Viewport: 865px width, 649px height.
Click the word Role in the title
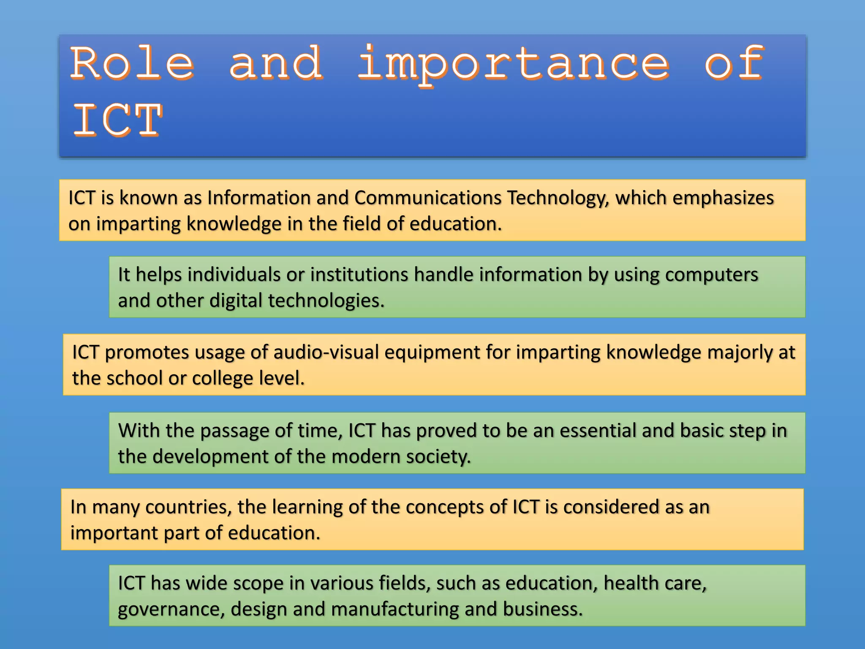pyautogui.click(x=132, y=63)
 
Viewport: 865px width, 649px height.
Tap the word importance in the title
pyautogui.click(x=513, y=63)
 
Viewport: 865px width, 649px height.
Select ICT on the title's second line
pyautogui.click(x=117, y=120)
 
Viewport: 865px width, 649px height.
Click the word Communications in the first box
pyautogui.click(x=427, y=198)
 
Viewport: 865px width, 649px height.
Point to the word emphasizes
pyautogui.click(x=723, y=198)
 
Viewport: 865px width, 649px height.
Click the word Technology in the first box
pyautogui.click(x=558, y=198)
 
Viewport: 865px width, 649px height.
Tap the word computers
pyautogui.click(x=711, y=275)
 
